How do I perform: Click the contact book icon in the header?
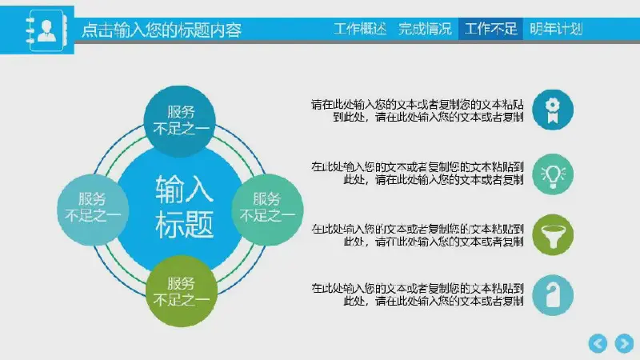click(x=46, y=30)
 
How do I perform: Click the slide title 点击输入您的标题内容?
click(x=162, y=30)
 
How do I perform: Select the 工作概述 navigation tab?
click(x=359, y=29)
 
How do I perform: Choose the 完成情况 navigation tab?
click(x=425, y=29)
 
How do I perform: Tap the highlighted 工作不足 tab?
click(x=490, y=29)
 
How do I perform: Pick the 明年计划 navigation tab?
click(x=556, y=29)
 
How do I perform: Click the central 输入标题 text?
click(x=185, y=206)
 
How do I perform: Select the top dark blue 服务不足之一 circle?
click(x=180, y=121)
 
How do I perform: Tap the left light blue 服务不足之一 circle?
click(x=93, y=210)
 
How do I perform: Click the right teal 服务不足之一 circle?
click(x=267, y=210)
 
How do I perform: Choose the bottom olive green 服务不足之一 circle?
click(x=182, y=291)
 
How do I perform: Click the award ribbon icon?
click(x=553, y=110)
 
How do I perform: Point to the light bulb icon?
click(x=553, y=174)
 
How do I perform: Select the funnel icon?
click(x=553, y=234)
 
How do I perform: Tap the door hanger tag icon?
click(x=553, y=295)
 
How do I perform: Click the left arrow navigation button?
click(x=598, y=343)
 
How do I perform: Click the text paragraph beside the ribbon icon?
click(x=417, y=110)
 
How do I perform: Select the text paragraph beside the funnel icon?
click(x=417, y=235)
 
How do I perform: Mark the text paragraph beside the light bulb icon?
click(x=417, y=173)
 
